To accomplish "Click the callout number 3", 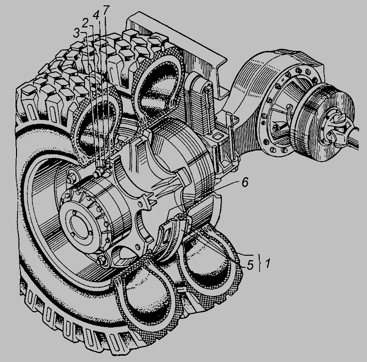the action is [x=76, y=33].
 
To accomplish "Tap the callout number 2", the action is [x=85, y=23].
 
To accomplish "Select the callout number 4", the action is [x=96, y=16].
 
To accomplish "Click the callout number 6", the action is [x=245, y=182].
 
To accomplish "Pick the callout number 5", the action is [x=250, y=265].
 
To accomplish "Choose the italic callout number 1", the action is [x=268, y=263].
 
